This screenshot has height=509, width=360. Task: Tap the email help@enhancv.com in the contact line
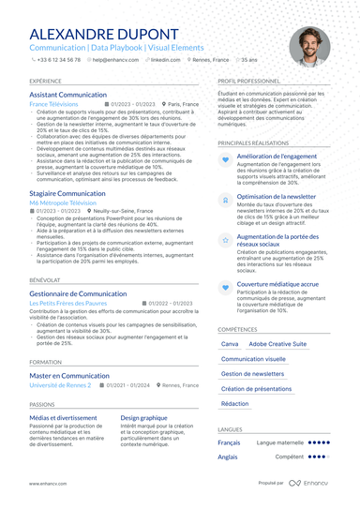click(112, 59)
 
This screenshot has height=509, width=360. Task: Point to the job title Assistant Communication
click(68, 95)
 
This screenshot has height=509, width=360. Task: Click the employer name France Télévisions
click(54, 104)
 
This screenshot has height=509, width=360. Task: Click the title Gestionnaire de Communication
click(78, 293)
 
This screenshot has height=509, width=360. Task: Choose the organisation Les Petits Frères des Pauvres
click(69, 304)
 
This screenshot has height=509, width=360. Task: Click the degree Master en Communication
click(69, 375)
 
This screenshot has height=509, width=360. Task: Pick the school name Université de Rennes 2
click(60, 385)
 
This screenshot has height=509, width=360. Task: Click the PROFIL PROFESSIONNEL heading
click(255, 82)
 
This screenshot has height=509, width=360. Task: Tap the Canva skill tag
click(229, 344)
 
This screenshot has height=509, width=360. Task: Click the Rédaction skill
click(234, 403)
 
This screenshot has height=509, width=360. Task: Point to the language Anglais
click(228, 457)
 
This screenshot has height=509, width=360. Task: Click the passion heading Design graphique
click(144, 418)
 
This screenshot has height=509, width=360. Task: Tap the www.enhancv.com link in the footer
click(46, 483)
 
